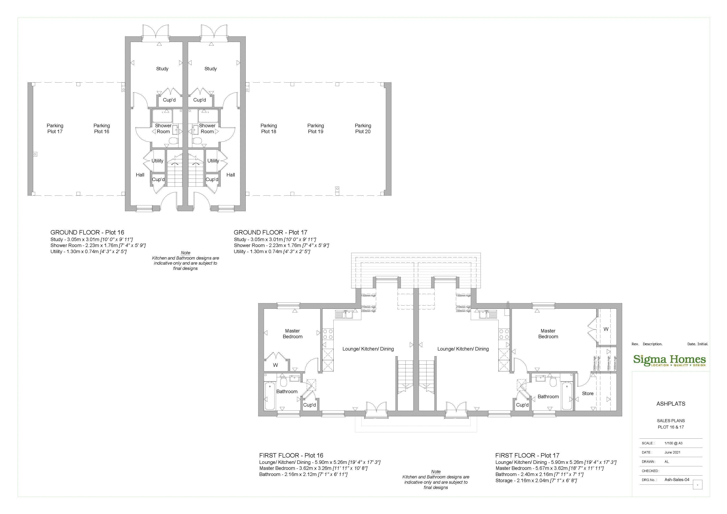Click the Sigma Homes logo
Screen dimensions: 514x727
tap(669, 360)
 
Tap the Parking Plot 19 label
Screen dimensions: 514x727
tap(315, 129)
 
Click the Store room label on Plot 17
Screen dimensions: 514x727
tap(588, 393)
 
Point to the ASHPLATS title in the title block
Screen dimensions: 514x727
tap(671, 404)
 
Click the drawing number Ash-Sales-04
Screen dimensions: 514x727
tap(677, 479)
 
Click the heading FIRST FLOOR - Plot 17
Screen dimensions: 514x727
tap(527, 455)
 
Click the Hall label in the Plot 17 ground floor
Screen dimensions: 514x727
tap(231, 175)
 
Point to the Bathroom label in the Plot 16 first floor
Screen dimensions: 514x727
tap(287, 391)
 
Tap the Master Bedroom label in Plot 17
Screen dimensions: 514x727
tap(548, 334)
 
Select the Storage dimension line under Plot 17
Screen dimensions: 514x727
tap(536, 480)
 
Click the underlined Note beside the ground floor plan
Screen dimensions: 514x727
tap(185, 253)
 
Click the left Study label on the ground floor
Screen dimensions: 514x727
tap(162, 69)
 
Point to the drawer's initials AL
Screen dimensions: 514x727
tap(667, 461)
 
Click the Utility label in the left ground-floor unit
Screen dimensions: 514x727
tap(157, 161)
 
